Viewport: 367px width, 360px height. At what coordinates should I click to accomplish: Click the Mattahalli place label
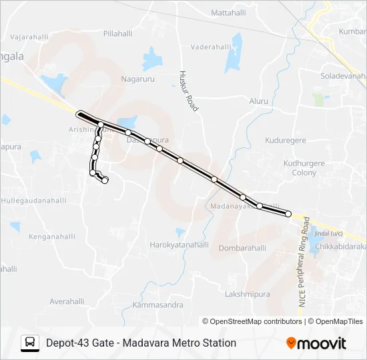click(x=229, y=13)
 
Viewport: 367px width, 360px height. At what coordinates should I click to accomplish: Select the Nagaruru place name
click(x=137, y=79)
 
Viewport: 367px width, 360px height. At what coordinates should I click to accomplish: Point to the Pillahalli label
click(x=118, y=33)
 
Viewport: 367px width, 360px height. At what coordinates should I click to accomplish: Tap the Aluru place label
click(x=258, y=101)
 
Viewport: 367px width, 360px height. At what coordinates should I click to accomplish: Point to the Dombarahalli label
click(x=242, y=248)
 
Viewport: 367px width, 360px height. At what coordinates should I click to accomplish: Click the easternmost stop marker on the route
click(x=288, y=214)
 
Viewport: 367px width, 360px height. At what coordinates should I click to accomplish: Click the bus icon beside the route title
click(x=29, y=343)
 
